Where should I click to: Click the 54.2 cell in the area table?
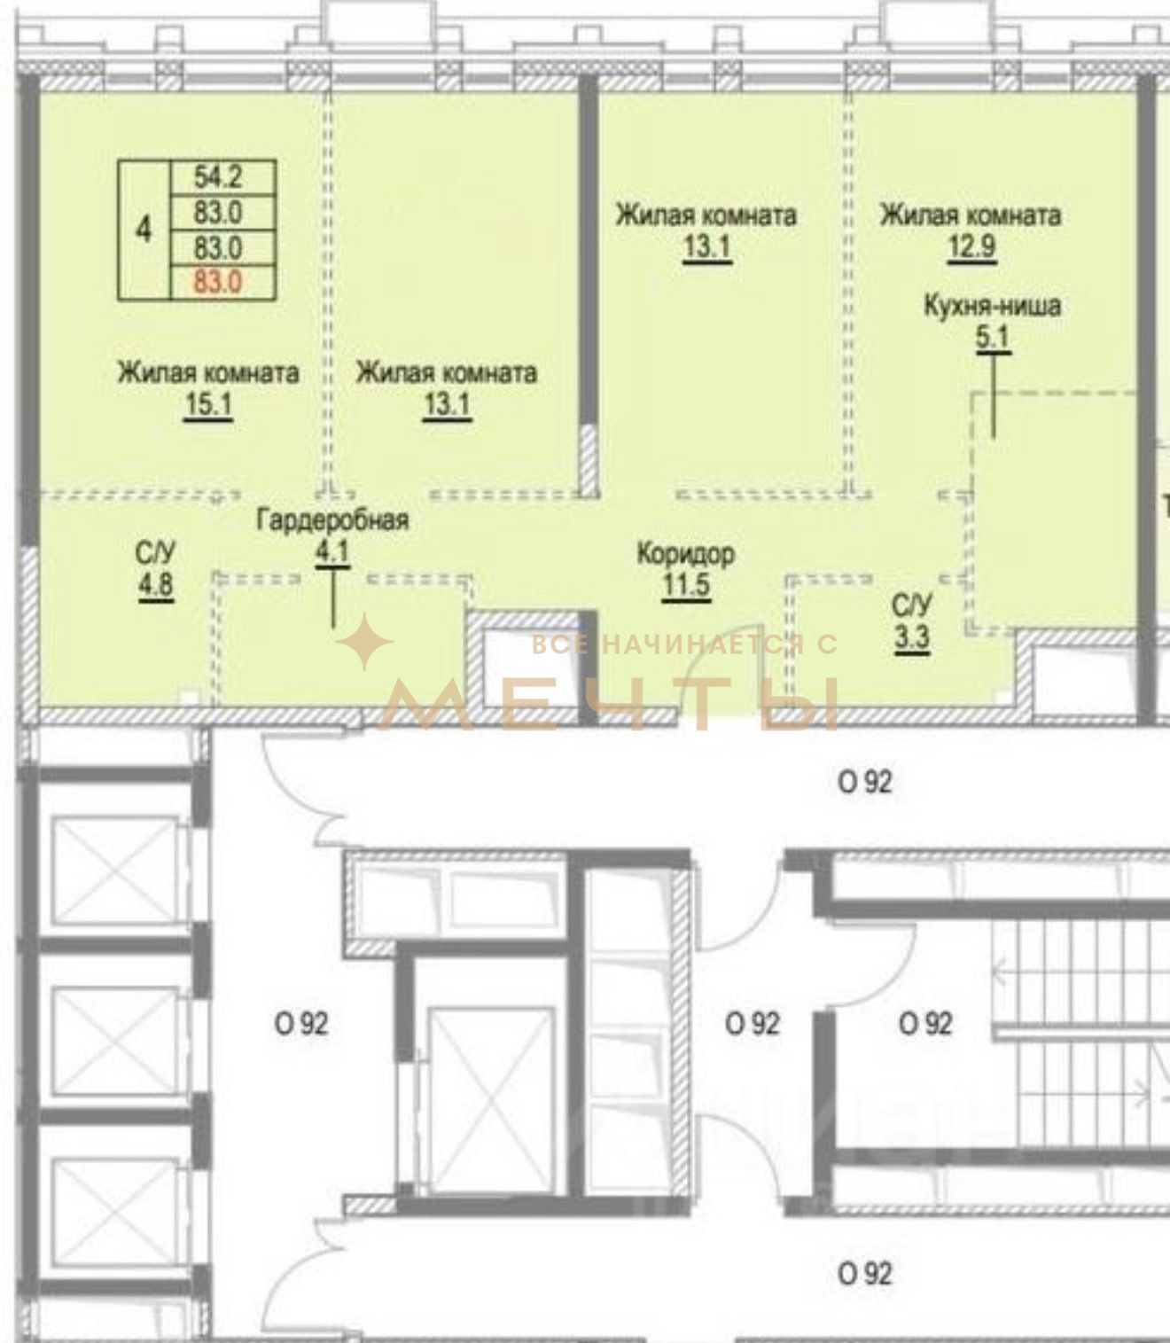pyautogui.click(x=218, y=177)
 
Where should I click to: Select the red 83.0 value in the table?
pyautogui.click(x=218, y=282)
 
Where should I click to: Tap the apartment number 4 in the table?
pyautogui.click(x=144, y=230)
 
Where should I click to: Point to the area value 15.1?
pyautogui.click(x=208, y=404)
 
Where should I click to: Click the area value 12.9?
pyautogui.click(x=971, y=246)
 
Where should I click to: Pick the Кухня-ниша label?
pyautogui.click(x=992, y=306)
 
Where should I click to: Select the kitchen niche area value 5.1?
pyautogui.click(x=992, y=338)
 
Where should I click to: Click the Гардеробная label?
pyautogui.click(x=332, y=519)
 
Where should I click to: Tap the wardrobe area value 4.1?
pyautogui.click(x=332, y=552)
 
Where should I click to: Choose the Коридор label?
pyautogui.click(x=686, y=554)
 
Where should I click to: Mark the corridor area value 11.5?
pyautogui.click(x=686, y=585)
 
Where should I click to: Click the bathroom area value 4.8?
pyautogui.click(x=155, y=584)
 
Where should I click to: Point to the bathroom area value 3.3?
pyautogui.click(x=912, y=636)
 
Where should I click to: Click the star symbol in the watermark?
pyautogui.click(x=365, y=642)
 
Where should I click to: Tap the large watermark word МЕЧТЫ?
pyautogui.click(x=611, y=705)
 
